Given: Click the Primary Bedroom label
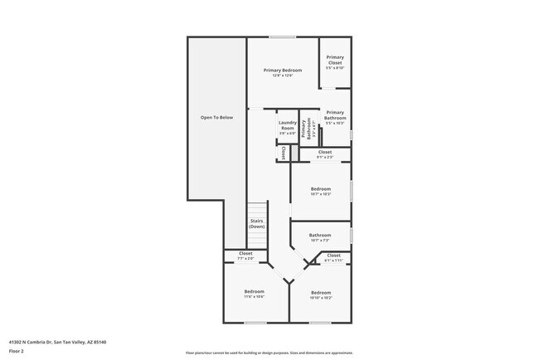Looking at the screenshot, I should click(283, 72).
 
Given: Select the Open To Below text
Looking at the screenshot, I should click(217, 118).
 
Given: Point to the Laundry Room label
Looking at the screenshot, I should click(287, 128).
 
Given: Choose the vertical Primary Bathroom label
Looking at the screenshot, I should click(307, 129).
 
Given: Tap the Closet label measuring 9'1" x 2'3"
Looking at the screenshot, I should click(325, 154).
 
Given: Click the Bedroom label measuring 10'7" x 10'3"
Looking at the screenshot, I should click(321, 192).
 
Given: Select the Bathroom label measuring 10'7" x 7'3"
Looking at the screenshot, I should click(320, 237).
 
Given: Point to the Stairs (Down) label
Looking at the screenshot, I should click(256, 224).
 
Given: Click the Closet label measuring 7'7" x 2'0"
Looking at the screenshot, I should click(246, 255).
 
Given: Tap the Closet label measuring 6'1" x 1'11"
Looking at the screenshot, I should click(333, 257).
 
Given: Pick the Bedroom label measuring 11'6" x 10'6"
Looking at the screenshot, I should click(254, 294).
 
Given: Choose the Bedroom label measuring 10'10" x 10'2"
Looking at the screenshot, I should click(321, 294).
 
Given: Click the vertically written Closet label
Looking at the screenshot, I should click(284, 153).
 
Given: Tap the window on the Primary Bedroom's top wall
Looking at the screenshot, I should click(283, 36).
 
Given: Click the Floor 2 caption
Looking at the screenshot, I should click(17, 351).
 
